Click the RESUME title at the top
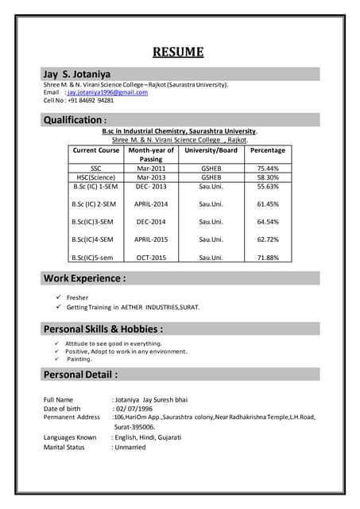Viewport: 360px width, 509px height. tap(179, 53)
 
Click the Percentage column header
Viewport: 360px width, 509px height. tap(267, 150)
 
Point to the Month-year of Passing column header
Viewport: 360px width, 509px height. tap(151, 154)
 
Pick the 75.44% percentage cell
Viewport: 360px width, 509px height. tap(268, 169)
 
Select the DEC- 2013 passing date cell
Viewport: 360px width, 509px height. tap(151, 187)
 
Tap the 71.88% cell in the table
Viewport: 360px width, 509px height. tap(268, 258)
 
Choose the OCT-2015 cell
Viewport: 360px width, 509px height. tap(151, 258)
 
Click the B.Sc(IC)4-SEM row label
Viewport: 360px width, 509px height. tap(93, 239)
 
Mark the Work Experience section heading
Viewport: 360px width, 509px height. tap(84, 278)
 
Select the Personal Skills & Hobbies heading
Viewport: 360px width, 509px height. tap(103, 328)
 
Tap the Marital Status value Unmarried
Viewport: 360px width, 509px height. tap(130, 447)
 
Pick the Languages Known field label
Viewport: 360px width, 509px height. tap(70, 437)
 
